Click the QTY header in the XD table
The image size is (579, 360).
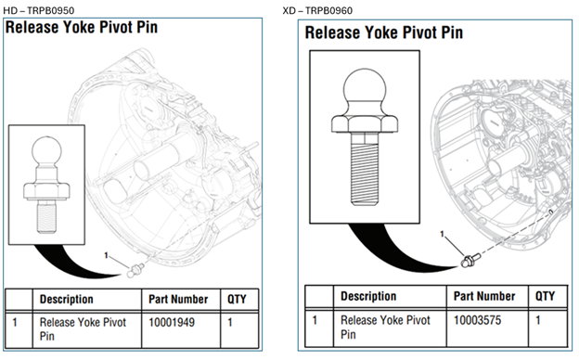tap(544, 296)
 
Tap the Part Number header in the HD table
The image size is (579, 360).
tap(178, 300)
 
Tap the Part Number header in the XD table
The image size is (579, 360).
tap(482, 296)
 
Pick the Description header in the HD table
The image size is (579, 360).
tap(66, 300)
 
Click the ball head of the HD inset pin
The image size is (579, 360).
tap(45, 151)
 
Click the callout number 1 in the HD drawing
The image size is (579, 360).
tap(107, 254)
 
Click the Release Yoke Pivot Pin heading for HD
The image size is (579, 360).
tap(82, 27)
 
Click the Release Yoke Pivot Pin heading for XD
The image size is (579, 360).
tap(383, 32)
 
